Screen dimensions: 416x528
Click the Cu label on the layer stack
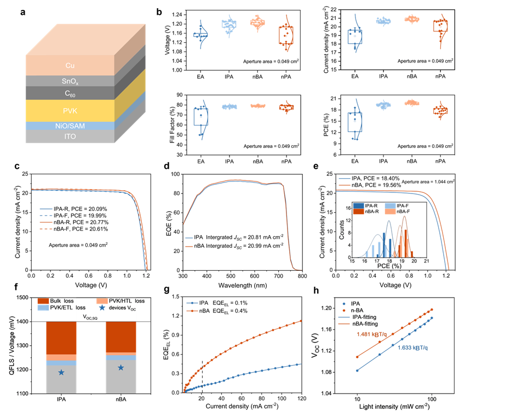point(70,65)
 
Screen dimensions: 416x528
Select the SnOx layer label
point(70,81)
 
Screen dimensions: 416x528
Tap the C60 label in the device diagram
point(70,93)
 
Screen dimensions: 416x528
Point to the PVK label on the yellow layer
point(70,110)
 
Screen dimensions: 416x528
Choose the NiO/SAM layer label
point(70,126)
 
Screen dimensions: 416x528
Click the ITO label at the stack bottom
point(70,136)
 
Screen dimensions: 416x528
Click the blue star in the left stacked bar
point(61,373)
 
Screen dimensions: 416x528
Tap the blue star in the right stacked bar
point(120,368)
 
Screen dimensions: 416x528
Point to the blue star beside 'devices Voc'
point(101,309)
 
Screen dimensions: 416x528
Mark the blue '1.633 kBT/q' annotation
point(411,347)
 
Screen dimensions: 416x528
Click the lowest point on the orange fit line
point(357,356)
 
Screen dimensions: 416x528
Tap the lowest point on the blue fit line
point(357,371)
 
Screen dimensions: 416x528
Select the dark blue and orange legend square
point(358,208)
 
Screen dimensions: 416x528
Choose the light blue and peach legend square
point(389,208)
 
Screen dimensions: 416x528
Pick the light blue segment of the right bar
point(120,358)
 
